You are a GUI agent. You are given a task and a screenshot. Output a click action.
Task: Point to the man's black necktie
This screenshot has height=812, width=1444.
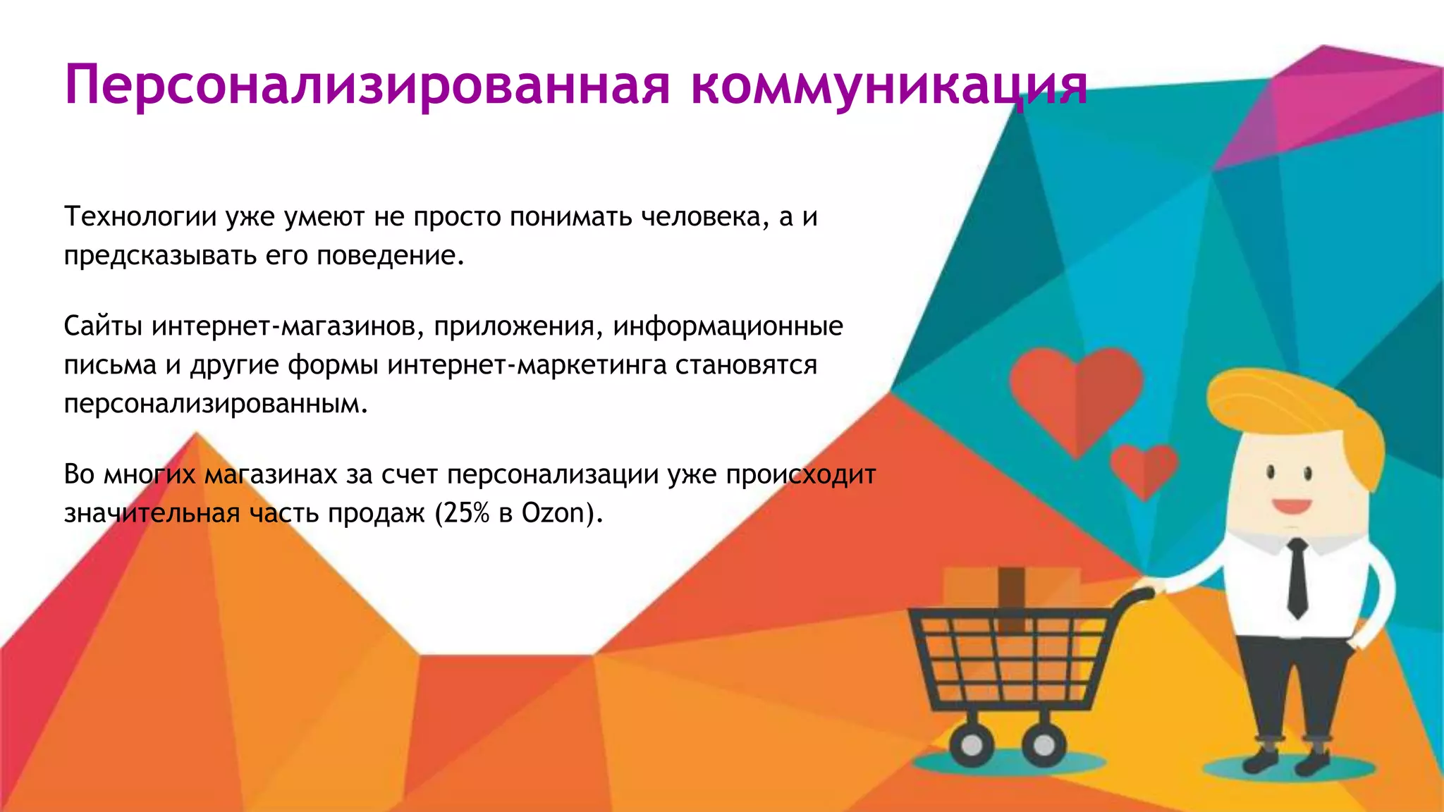(1297, 578)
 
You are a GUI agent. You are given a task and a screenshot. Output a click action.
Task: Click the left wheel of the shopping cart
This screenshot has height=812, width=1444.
(972, 745)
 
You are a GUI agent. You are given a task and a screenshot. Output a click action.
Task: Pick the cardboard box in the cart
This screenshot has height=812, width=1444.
(1011, 592)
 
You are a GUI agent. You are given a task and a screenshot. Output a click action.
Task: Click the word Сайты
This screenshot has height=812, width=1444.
(103, 326)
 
